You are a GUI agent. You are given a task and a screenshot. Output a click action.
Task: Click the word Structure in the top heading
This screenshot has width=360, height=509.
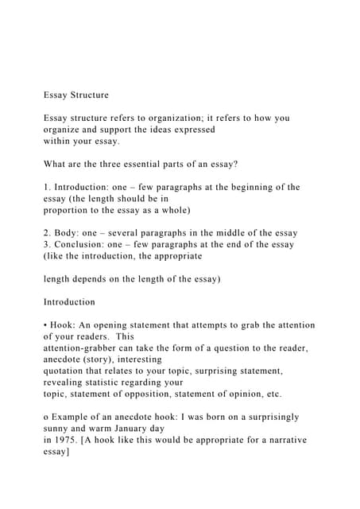coord(88,95)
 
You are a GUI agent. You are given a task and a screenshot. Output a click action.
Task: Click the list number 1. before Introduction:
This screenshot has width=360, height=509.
coord(48,187)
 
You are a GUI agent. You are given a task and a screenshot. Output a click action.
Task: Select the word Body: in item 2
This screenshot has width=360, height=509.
coord(72,233)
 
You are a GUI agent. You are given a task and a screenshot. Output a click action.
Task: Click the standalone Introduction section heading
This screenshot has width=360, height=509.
coord(69,302)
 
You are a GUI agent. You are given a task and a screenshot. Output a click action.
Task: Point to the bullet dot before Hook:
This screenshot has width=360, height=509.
coord(46,325)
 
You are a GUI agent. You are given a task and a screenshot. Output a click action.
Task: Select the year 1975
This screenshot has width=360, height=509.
coord(66,440)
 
